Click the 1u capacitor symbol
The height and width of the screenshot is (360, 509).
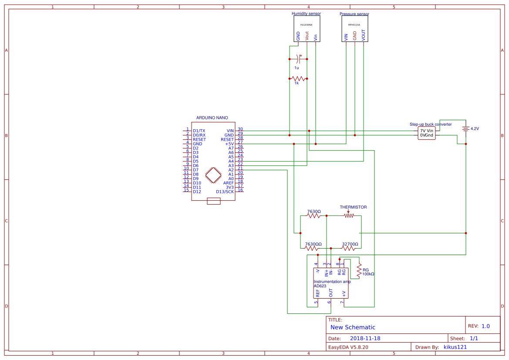[x=298, y=58]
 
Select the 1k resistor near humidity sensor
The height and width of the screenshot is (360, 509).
[x=298, y=78]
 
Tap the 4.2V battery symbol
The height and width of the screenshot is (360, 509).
[x=465, y=129]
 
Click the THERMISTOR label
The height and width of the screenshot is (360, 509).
[x=353, y=207]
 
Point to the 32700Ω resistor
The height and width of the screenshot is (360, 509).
[x=349, y=248]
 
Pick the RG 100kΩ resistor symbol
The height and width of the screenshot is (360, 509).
[x=359, y=270]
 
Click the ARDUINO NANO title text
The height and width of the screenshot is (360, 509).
[x=212, y=118]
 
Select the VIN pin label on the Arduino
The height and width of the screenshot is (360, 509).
[x=230, y=131]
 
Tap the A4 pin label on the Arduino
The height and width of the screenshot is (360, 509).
[x=231, y=161]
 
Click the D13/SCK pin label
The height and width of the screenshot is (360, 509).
[x=225, y=192]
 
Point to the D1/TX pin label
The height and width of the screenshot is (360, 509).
[x=199, y=131]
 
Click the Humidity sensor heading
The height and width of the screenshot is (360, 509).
[x=306, y=13]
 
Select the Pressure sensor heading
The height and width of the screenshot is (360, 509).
[x=354, y=14]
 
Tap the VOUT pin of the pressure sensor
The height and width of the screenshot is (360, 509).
[x=364, y=35]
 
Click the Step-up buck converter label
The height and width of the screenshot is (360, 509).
[x=430, y=124]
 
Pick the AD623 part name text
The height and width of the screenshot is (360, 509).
[x=320, y=286]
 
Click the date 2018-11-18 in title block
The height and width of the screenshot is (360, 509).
[x=365, y=338]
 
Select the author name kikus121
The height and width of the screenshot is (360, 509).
[x=455, y=347]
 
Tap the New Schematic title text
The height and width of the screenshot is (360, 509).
[x=353, y=327]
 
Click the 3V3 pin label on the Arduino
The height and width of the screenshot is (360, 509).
[x=229, y=187]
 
